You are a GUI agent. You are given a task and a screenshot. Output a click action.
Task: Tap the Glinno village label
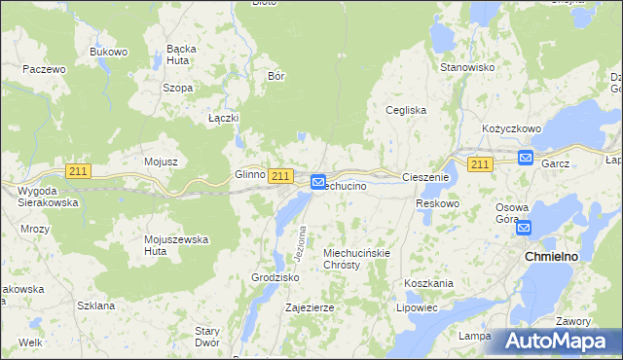pos(249,175)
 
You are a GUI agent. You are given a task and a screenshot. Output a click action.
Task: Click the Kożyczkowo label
pos(511,128)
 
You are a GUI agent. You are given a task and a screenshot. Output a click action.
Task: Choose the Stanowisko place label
pos(468,68)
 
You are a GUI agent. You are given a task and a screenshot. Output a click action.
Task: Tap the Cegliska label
pos(406,110)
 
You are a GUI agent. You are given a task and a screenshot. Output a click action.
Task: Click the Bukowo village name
pos(109,52)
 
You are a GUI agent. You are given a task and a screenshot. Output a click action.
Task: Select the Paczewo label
pos(44,69)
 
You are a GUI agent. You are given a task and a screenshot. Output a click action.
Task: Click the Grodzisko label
pos(275,277)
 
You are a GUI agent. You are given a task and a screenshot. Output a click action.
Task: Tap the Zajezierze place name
pos(310,307)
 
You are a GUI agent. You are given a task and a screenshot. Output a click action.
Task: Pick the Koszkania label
pos(429,283)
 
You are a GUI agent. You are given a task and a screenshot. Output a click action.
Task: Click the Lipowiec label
pos(417,307)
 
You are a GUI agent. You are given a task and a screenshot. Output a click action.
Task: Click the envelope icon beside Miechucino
pos(318,182)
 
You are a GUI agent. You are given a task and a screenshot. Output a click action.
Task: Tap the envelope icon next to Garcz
pos(526,158)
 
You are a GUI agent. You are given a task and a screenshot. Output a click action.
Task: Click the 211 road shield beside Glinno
pos(280,175)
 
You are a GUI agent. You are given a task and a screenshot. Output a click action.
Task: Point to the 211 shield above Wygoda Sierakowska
pos(79,171)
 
